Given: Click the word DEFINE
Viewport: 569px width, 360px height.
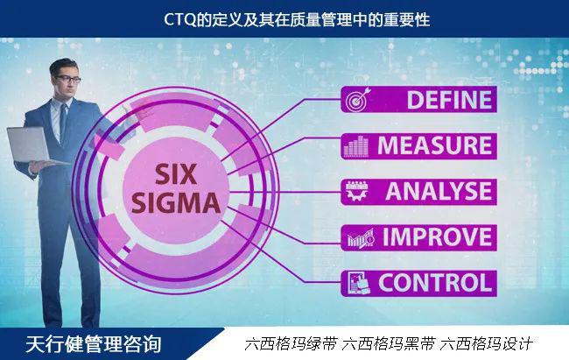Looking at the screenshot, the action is coord(449,100).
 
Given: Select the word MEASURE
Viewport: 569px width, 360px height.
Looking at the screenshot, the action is coord(435,145).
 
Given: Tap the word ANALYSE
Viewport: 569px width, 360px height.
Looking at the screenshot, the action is coord(439,192).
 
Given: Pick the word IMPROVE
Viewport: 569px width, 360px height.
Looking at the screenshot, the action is coord(438,236).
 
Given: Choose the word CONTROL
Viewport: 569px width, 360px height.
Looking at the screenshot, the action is coord(435,283).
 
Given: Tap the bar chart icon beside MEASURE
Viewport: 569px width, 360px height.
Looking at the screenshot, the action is coord(355,146).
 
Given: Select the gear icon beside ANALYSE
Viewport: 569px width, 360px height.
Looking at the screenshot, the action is coord(356,192).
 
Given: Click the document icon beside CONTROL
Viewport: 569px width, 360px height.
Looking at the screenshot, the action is coord(359,283).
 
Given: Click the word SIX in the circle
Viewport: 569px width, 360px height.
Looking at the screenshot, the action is coord(176,174).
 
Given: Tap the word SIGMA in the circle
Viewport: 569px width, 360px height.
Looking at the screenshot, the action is coord(176,202).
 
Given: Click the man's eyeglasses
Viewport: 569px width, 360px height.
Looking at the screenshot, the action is coord(68,79).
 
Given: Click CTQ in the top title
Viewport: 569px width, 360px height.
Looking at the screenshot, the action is coord(180,19).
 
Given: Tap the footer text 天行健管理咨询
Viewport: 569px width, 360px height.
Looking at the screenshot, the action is coord(94,344).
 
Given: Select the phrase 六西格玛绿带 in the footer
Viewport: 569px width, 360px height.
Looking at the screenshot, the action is coord(291,343).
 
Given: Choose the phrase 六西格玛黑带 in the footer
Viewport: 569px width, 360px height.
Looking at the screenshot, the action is coord(389,343).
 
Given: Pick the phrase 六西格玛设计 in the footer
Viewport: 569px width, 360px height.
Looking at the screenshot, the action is coord(486,343).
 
